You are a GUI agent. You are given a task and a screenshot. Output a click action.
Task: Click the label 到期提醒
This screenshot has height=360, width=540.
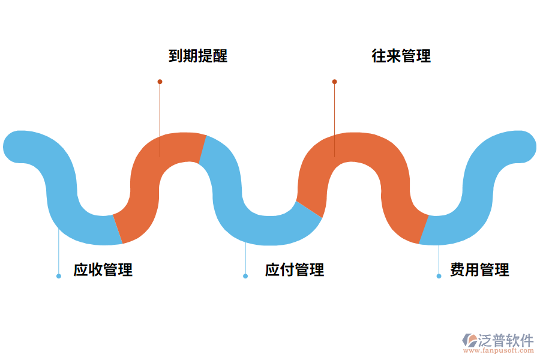point(198,56)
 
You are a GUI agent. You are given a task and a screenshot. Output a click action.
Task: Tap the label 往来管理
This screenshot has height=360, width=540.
point(401,56)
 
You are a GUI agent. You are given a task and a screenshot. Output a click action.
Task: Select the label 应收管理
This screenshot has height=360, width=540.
point(103,270)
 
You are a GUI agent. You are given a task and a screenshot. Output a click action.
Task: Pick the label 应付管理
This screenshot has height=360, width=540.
point(295,270)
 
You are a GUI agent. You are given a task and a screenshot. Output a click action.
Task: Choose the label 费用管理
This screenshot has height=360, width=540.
point(479,270)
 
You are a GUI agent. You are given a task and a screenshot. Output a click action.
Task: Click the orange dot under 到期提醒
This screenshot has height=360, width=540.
point(160,82)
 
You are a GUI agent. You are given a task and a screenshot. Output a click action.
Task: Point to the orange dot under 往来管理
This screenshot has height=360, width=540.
point(334,82)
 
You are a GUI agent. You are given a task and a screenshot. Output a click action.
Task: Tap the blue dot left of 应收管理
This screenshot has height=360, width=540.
point(59,276)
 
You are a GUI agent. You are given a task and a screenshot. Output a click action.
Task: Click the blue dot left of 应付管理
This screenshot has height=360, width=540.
point(245,276)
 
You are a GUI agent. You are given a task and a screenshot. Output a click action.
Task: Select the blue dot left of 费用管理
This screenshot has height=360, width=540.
point(439,276)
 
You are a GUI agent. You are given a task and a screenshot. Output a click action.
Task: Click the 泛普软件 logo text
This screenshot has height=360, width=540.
point(506,340)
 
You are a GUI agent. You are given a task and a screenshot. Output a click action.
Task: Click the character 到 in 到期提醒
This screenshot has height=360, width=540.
point(176,56)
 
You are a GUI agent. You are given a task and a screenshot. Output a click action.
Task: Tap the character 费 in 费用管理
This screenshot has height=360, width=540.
point(457,270)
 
